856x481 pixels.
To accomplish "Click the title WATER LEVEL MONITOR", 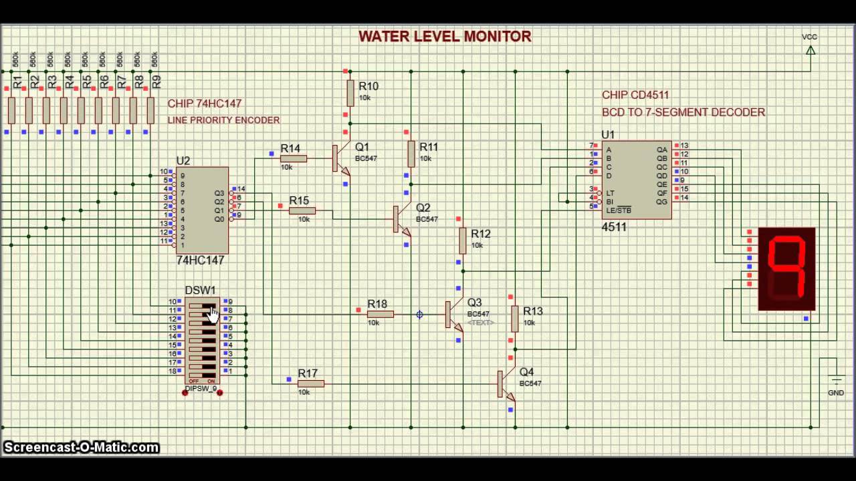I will pyautogui.click(x=445, y=37).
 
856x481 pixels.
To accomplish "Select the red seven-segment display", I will pyautogui.click(x=786, y=269).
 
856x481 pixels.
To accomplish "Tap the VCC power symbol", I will pyautogui.click(x=810, y=50).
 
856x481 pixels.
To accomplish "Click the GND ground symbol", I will pyautogui.click(x=835, y=380).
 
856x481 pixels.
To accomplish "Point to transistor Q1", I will pyautogui.click(x=340, y=159).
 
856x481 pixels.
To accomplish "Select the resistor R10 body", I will pyautogui.click(x=350, y=94).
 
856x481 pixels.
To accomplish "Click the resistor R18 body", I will pyautogui.click(x=380, y=314).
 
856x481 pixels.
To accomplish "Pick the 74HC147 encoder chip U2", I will pyautogui.click(x=201, y=210).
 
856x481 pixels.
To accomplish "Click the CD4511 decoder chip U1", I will pyautogui.click(x=637, y=180).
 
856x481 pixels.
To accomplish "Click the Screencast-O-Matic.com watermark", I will pyautogui.click(x=81, y=448).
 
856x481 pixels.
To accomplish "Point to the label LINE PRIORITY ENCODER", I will pyautogui.click(x=223, y=120).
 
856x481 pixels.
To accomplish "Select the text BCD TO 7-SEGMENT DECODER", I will pyautogui.click(x=683, y=112).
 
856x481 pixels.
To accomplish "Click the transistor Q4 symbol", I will pyautogui.click(x=506, y=384).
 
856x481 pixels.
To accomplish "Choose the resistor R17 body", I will pyautogui.click(x=310, y=383).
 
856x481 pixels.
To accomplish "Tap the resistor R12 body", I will pyautogui.click(x=462, y=240).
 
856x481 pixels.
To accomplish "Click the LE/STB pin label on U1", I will pyautogui.click(x=619, y=210).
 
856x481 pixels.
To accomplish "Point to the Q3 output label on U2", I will pyautogui.click(x=219, y=193).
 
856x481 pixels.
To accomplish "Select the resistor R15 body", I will pyautogui.click(x=302, y=210).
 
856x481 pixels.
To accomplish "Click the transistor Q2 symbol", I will pyautogui.click(x=401, y=219).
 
